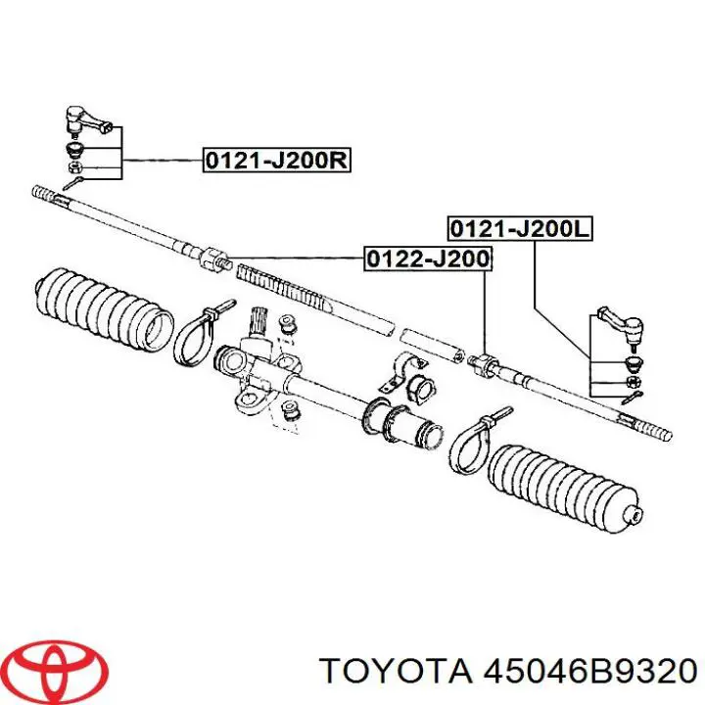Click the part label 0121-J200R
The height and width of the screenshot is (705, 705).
pyautogui.click(x=276, y=160)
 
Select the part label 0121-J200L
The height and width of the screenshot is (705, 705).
pyautogui.click(x=520, y=229)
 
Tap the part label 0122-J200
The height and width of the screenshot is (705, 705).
pyautogui.click(x=428, y=258)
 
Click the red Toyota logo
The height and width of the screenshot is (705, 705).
pyautogui.click(x=59, y=667)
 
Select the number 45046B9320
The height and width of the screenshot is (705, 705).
pyautogui.click(x=589, y=672)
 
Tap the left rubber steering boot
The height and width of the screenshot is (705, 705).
pyautogui.click(x=104, y=308)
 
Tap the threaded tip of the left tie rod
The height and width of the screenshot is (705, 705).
pyautogui.click(x=50, y=196)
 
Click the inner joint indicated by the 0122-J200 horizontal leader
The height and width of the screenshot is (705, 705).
pyautogui.click(x=213, y=258)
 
